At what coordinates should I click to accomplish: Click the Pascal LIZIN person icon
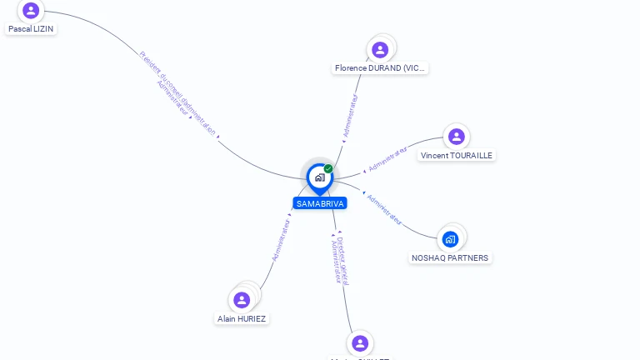coord(31,11)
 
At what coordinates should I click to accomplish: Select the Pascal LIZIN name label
coord(32,28)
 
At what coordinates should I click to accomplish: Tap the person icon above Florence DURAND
coord(380,50)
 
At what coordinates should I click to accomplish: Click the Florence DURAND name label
coord(380,68)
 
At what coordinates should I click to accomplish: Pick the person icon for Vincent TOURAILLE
coord(456,137)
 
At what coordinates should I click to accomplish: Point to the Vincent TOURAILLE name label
coord(457,156)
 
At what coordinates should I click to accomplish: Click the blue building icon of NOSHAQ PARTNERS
coord(451,239)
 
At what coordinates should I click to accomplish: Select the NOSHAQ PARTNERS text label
coord(450,258)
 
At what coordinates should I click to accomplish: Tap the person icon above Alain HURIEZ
coord(242,299)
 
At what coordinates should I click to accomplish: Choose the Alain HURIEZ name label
coord(242,318)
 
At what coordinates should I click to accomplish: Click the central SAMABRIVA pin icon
coord(319,177)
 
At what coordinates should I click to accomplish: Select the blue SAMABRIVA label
coord(320,203)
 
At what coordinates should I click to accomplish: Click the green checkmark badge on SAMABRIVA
coord(328,169)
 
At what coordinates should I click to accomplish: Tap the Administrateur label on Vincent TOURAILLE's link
coord(387,159)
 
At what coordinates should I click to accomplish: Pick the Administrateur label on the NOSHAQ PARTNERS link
coord(384,209)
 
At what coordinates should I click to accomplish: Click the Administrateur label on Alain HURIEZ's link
coord(282,239)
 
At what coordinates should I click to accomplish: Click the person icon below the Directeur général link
coord(360,343)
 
